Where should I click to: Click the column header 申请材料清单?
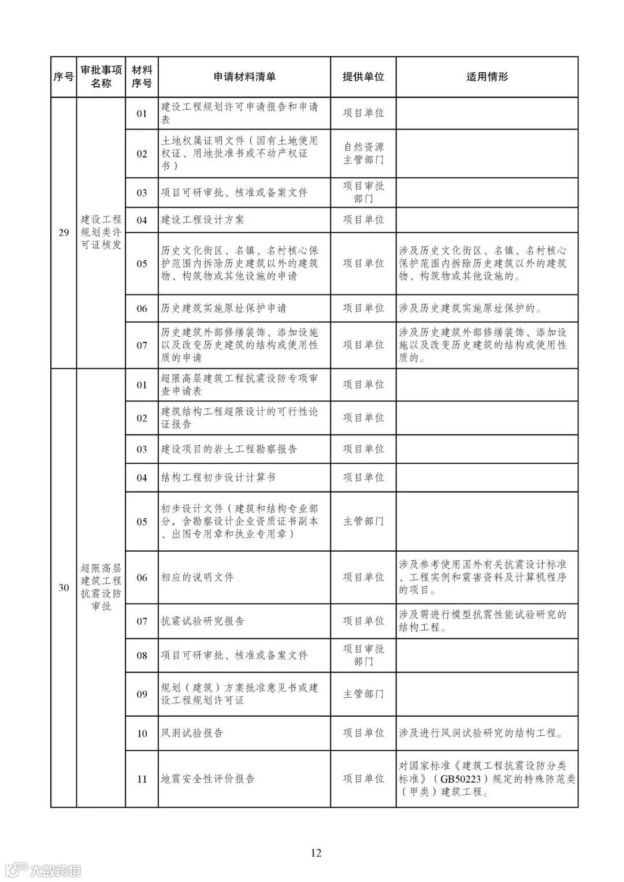pos(244,77)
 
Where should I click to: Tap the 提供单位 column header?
pos(363,77)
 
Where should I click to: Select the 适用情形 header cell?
pos(486,77)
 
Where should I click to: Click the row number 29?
pos(64,233)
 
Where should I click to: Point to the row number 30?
pos(64,588)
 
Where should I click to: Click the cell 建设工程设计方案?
pos(202,220)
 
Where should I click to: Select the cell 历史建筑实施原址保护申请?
pos(224,308)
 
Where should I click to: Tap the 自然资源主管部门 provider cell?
pos(363,154)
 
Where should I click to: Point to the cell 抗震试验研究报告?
pos(202,622)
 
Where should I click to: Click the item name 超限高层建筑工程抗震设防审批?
pos(101,588)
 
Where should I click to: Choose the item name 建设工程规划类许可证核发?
pos(101,232)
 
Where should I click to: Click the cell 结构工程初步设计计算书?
pos(218,478)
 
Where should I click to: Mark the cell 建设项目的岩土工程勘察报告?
pos(229,449)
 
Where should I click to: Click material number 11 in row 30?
pos(142,779)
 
